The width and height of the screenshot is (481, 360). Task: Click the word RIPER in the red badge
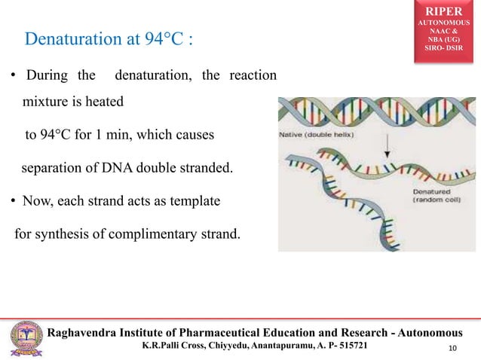[447, 13]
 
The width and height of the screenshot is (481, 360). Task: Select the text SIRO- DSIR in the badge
[447, 50]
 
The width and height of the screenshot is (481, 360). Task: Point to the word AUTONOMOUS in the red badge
[447, 24]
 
